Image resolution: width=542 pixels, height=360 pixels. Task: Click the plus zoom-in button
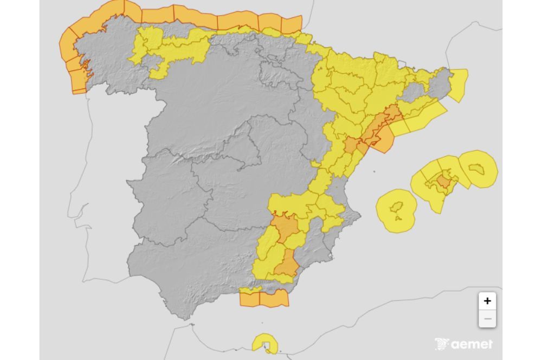pyautogui.click(x=487, y=301)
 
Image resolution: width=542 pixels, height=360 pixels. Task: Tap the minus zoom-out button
pyautogui.click(x=487, y=319)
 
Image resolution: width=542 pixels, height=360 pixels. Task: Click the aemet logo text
pyautogui.click(x=472, y=344)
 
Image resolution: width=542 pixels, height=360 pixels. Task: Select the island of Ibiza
pyautogui.click(x=398, y=208)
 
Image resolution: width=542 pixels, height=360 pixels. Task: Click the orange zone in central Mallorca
pyautogui.click(x=444, y=181)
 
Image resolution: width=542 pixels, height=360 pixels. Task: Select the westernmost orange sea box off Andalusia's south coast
pyautogui.click(x=249, y=298)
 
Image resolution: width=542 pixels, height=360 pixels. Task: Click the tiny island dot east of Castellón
pyautogui.click(x=374, y=173)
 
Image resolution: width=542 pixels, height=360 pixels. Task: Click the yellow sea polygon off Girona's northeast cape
pyautogui.click(x=457, y=85)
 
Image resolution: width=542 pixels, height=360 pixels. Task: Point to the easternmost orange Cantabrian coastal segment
pyautogui.click(x=292, y=24)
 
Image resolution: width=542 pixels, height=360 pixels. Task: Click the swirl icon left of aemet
pyautogui.click(x=442, y=344)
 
